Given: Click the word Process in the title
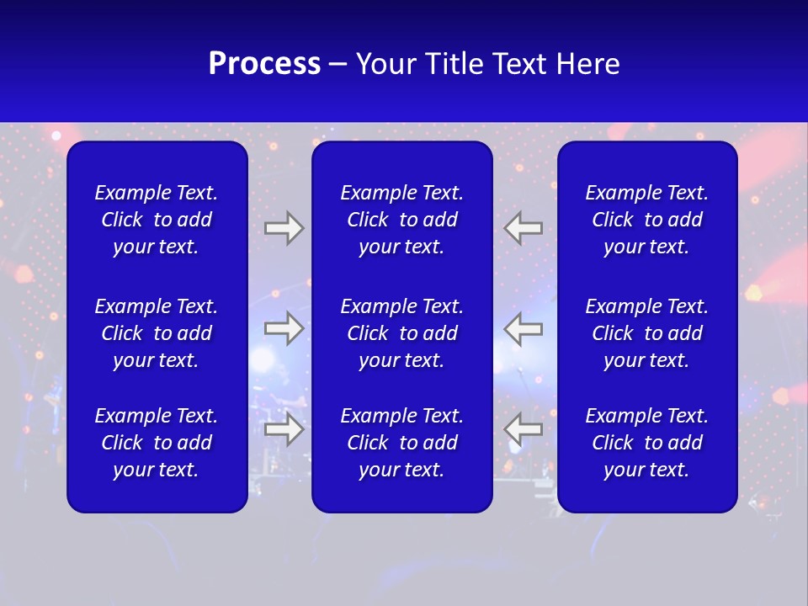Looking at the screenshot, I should pyautogui.click(x=264, y=64).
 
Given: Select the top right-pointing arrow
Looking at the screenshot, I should pyautogui.click(x=284, y=228).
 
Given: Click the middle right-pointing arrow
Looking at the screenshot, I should pyautogui.click(x=284, y=328).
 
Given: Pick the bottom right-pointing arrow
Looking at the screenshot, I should pyautogui.click(x=284, y=429).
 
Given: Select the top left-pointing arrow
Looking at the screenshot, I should pyautogui.click(x=524, y=228).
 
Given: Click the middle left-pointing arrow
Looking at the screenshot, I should pyautogui.click(x=524, y=328).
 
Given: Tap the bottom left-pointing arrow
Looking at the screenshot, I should pyautogui.click(x=524, y=429).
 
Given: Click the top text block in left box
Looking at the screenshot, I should pyautogui.click(x=157, y=220).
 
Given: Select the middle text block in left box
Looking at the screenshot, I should pyautogui.click(x=157, y=333).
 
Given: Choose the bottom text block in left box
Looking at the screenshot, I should pyautogui.click(x=157, y=443).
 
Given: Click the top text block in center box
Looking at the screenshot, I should pyautogui.click(x=401, y=220).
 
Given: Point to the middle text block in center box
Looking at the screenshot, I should pyautogui.click(x=401, y=333).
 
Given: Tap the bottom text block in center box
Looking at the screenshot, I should pyautogui.click(x=401, y=443).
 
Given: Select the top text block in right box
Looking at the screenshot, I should pyautogui.click(x=646, y=220).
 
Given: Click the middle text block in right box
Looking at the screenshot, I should pyautogui.click(x=646, y=333).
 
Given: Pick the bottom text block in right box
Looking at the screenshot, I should pyautogui.click(x=646, y=443).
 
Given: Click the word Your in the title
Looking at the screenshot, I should pyautogui.click(x=385, y=64).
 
